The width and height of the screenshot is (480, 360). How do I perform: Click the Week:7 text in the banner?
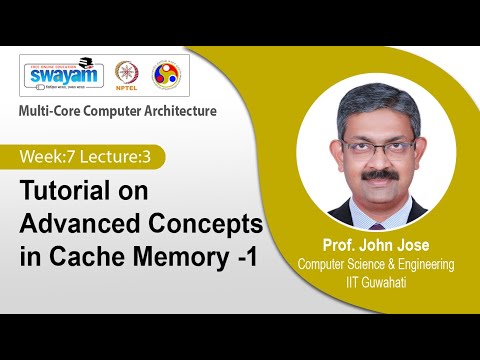51,156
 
